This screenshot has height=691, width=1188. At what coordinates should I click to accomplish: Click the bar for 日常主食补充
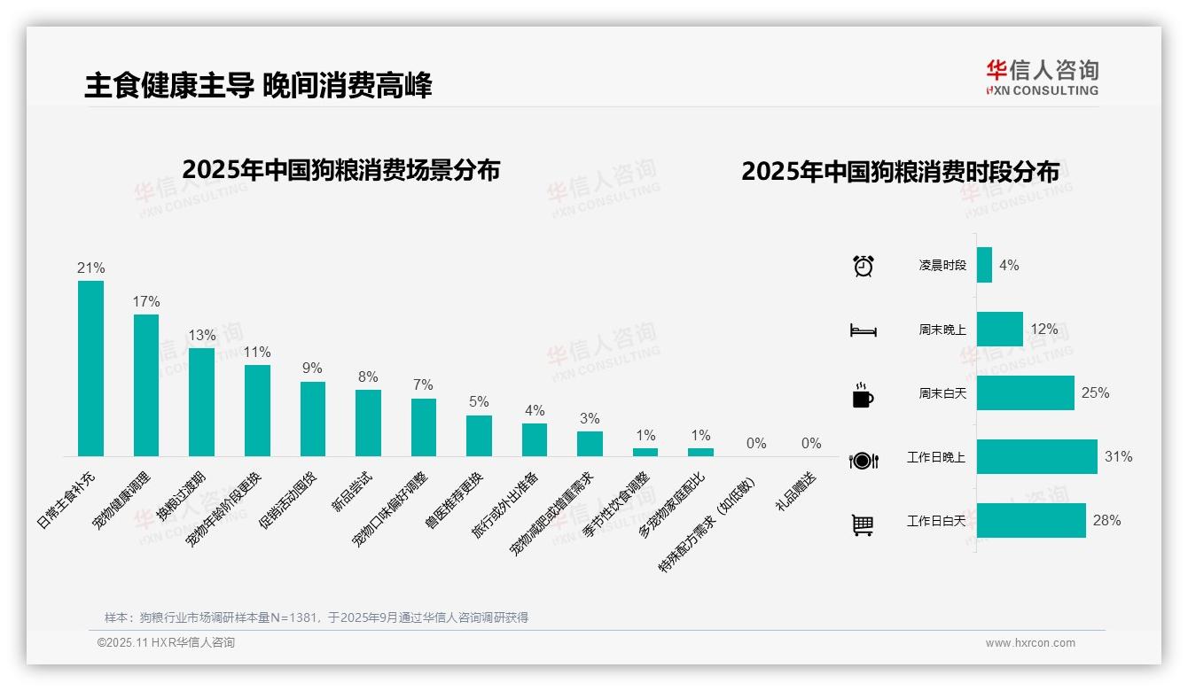90,369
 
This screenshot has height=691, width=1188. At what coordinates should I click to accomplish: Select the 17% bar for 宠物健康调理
146,385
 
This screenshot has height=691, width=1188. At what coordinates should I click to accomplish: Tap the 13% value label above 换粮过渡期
201,336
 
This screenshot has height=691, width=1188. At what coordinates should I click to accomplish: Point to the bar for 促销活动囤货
313,419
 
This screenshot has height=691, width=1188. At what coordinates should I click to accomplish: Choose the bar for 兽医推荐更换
479,436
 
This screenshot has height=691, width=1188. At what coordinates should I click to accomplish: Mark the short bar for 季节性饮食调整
645,452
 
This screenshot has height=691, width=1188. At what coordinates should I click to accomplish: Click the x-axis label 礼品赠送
796,492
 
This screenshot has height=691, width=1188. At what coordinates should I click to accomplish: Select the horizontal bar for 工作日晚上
1036,457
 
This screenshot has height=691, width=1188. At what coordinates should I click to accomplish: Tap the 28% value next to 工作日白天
1106,521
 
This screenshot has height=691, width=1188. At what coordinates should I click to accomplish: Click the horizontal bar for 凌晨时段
984,265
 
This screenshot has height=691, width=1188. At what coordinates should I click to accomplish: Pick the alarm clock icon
864,266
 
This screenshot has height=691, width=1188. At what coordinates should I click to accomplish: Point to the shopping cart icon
863,525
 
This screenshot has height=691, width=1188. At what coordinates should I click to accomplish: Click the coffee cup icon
863,395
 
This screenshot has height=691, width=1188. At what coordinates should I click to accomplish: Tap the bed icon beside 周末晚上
863,330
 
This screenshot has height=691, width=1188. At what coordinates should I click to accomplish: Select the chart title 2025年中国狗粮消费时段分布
900,172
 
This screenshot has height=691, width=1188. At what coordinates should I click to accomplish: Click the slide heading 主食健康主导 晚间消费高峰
258,86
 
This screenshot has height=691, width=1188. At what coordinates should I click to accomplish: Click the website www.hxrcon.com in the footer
1030,643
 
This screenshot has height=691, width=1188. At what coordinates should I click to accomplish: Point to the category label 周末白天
942,393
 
